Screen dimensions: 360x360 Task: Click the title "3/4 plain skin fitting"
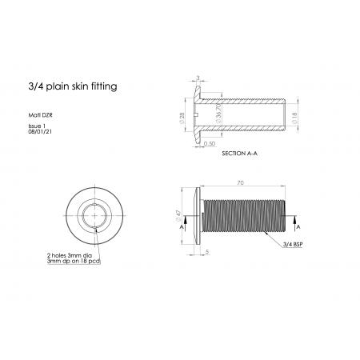[x=73, y=86]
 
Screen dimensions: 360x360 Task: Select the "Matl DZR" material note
[x=40, y=115]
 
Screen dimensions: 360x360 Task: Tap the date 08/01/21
[x=40, y=132]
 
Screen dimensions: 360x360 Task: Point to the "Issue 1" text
[x=37, y=126]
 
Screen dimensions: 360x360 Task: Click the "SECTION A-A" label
[x=239, y=154]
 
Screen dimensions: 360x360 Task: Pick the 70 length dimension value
[x=240, y=183]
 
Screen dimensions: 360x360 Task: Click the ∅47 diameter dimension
[x=178, y=216]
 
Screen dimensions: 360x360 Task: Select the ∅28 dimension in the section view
[x=182, y=118]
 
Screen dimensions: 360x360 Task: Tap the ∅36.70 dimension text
[x=218, y=113]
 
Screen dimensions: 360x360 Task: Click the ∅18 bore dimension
[x=294, y=118]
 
